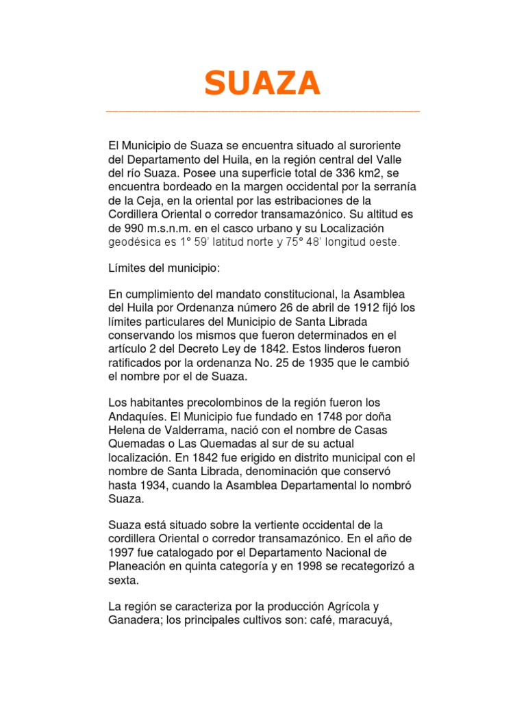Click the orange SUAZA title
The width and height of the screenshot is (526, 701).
point(262,84)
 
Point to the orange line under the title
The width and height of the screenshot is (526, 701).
point(262,111)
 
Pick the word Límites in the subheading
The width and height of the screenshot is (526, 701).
point(127,268)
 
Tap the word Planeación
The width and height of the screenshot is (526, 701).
point(140,566)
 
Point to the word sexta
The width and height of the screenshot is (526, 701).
point(124,580)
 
